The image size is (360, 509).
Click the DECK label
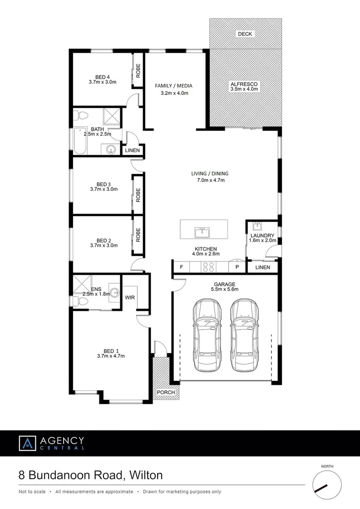click(x=245, y=34)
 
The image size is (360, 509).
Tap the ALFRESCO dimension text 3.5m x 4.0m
click(x=244, y=91)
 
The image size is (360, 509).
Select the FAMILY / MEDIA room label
click(x=174, y=85)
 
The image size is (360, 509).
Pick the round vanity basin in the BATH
click(x=110, y=148)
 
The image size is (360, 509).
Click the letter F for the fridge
click(x=181, y=267)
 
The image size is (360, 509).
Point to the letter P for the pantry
click(x=237, y=267)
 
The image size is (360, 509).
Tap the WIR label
click(x=130, y=297)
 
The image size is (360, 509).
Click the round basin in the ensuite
click(x=114, y=293)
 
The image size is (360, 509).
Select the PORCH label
click(x=166, y=392)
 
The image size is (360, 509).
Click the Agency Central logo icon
click(x=27, y=443)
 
